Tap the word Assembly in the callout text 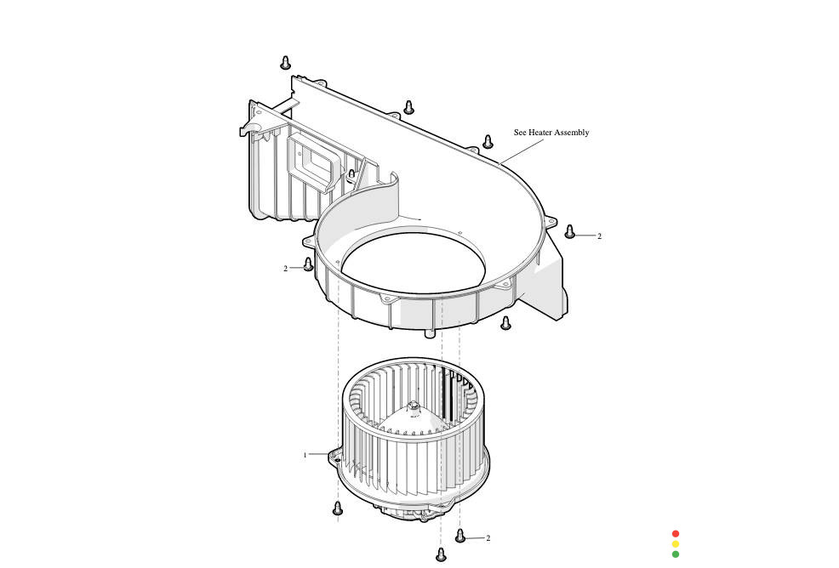[x=572, y=133]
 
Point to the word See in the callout [x=520, y=133]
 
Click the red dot [x=676, y=534]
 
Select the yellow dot [x=676, y=544]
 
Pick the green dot [x=676, y=554]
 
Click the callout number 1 [x=305, y=455]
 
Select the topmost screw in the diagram [x=286, y=62]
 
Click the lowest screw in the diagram [x=441, y=555]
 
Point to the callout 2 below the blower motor [x=488, y=538]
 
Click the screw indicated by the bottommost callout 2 [x=460, y=536]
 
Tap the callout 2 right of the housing [x=599, y=236]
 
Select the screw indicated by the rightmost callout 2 [x=570, y=231]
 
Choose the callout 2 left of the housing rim [x=286, y=269]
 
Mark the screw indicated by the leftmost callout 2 [x=308, y=264]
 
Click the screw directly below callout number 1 [x=338, y=508]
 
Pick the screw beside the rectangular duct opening [x=351, y=175]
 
